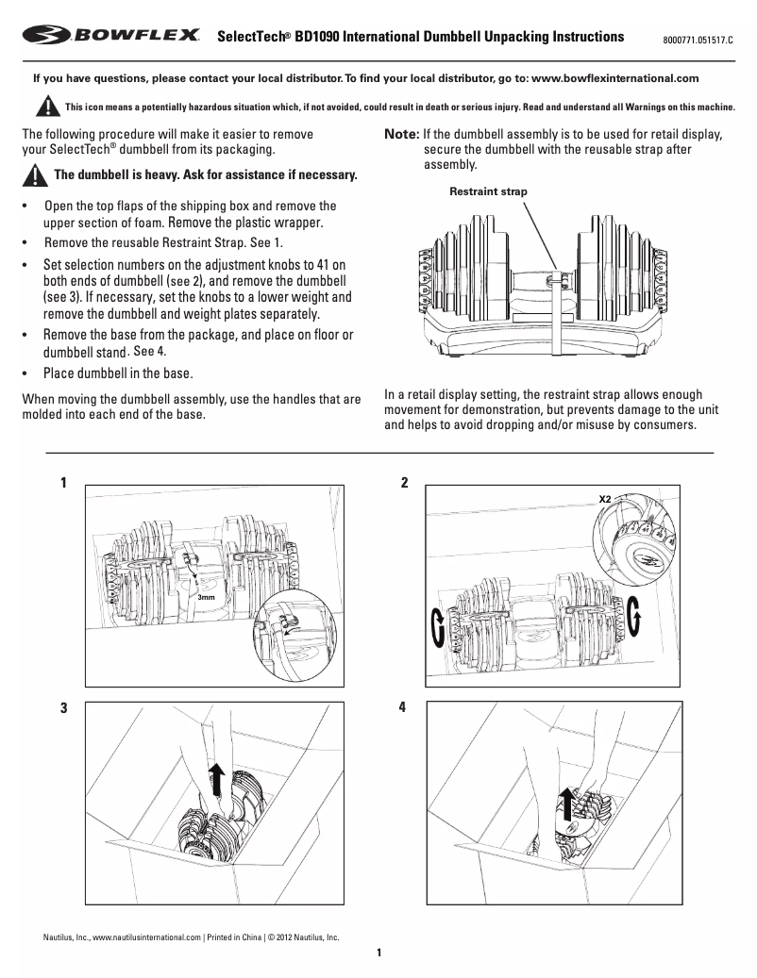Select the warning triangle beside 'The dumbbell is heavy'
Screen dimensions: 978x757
35,175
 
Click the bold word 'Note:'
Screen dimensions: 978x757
401,135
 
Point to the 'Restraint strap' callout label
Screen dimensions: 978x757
487,191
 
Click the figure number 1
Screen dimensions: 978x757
63,483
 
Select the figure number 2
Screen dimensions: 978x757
405,483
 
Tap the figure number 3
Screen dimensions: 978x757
63,708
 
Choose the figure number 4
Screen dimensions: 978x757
405,708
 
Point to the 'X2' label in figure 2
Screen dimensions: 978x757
605,495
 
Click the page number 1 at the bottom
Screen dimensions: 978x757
378,953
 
